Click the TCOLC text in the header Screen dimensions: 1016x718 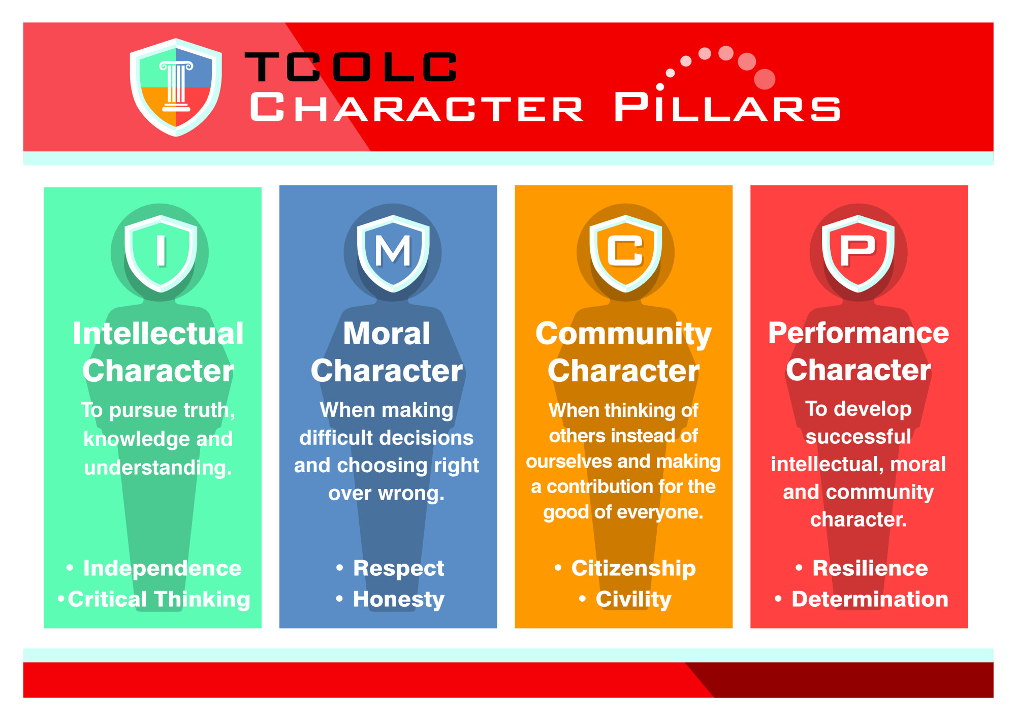[351, 67]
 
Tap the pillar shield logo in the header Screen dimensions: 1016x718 [176, 87]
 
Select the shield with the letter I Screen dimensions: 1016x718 [161, 253]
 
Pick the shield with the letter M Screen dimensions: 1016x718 [393, 253]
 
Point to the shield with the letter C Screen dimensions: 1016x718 [626, 253]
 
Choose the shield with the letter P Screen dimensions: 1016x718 [859, 253]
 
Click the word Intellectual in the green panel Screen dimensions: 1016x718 [158, 334]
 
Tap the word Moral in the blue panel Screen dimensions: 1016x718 [387, 334]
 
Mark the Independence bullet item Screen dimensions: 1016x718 [154, 568]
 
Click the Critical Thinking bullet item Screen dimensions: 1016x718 [154, 600]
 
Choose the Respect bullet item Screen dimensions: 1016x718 [390, 569]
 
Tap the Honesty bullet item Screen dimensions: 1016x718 [390, 600]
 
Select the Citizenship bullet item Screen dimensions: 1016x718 [625, 569]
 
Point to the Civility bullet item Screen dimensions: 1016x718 [625, 600]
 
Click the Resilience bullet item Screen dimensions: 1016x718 [862, 568]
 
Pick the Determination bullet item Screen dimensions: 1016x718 [862, 599]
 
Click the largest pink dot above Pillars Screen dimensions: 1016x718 [765, 79]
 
